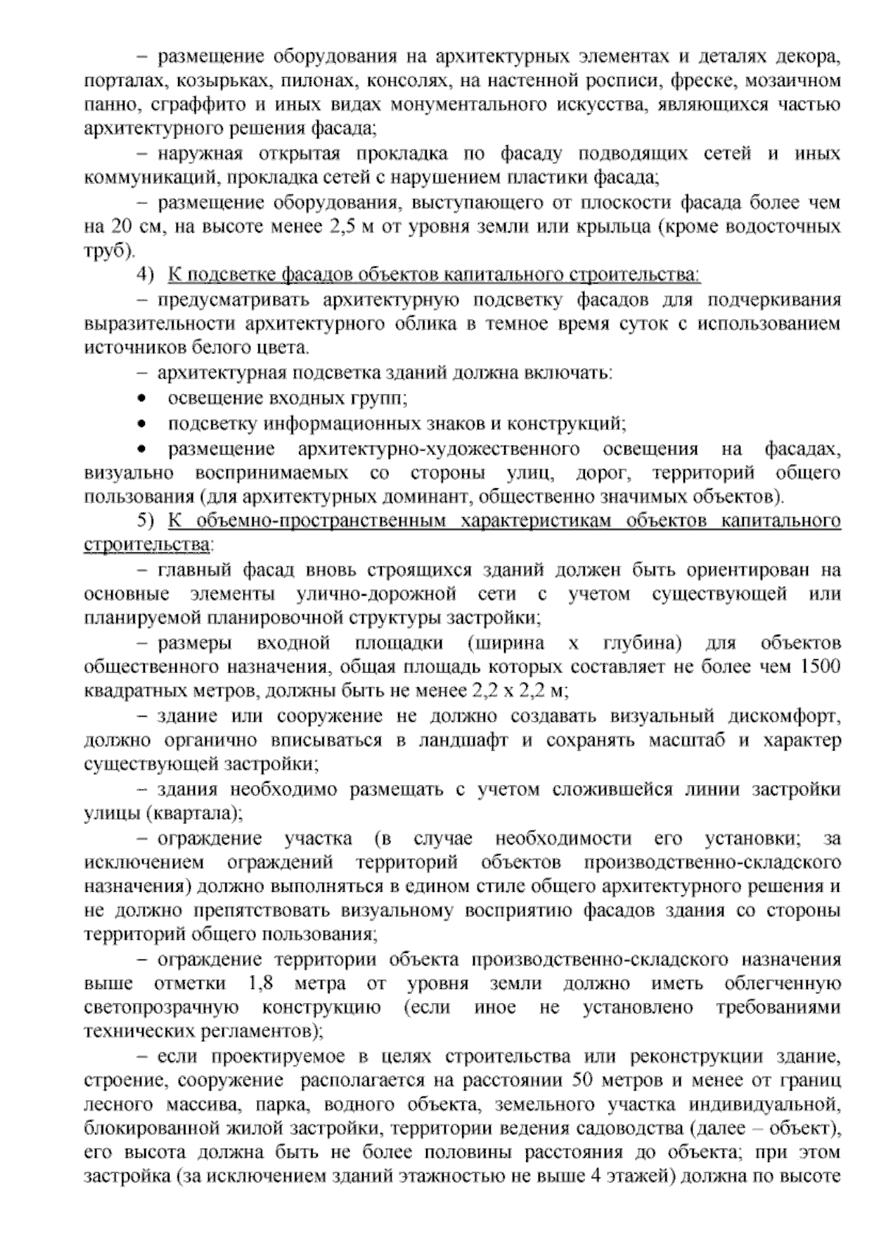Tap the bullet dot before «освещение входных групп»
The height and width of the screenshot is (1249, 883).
(x=142, y=399)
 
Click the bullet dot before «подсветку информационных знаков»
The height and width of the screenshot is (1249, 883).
(x=142, y=424)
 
